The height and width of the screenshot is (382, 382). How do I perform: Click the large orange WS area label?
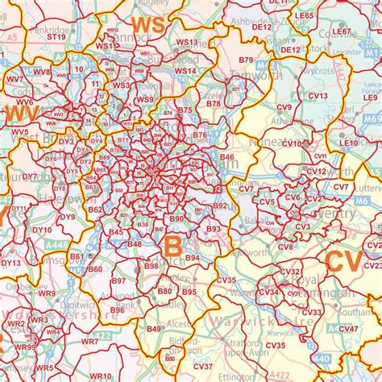pos(148,26)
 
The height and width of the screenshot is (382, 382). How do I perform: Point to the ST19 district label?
pos(56,36)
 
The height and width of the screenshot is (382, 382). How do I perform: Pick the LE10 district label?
pos(348,143)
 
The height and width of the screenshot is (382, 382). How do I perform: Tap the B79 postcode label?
pos(246,60)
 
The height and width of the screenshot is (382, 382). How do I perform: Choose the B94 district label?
pos(193,258)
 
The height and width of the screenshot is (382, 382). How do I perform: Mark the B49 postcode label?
pos(154,328)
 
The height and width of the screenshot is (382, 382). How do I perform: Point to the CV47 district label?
pos(348,328)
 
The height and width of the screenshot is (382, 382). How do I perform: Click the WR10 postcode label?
pos(101,376)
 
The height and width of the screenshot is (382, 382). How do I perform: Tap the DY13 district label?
pos(11,263)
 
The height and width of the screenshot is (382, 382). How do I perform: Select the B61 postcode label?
pos(77,256)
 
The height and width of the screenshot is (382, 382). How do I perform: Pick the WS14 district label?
pos(185,71)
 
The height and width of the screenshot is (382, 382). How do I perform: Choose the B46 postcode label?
pos(226,157)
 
